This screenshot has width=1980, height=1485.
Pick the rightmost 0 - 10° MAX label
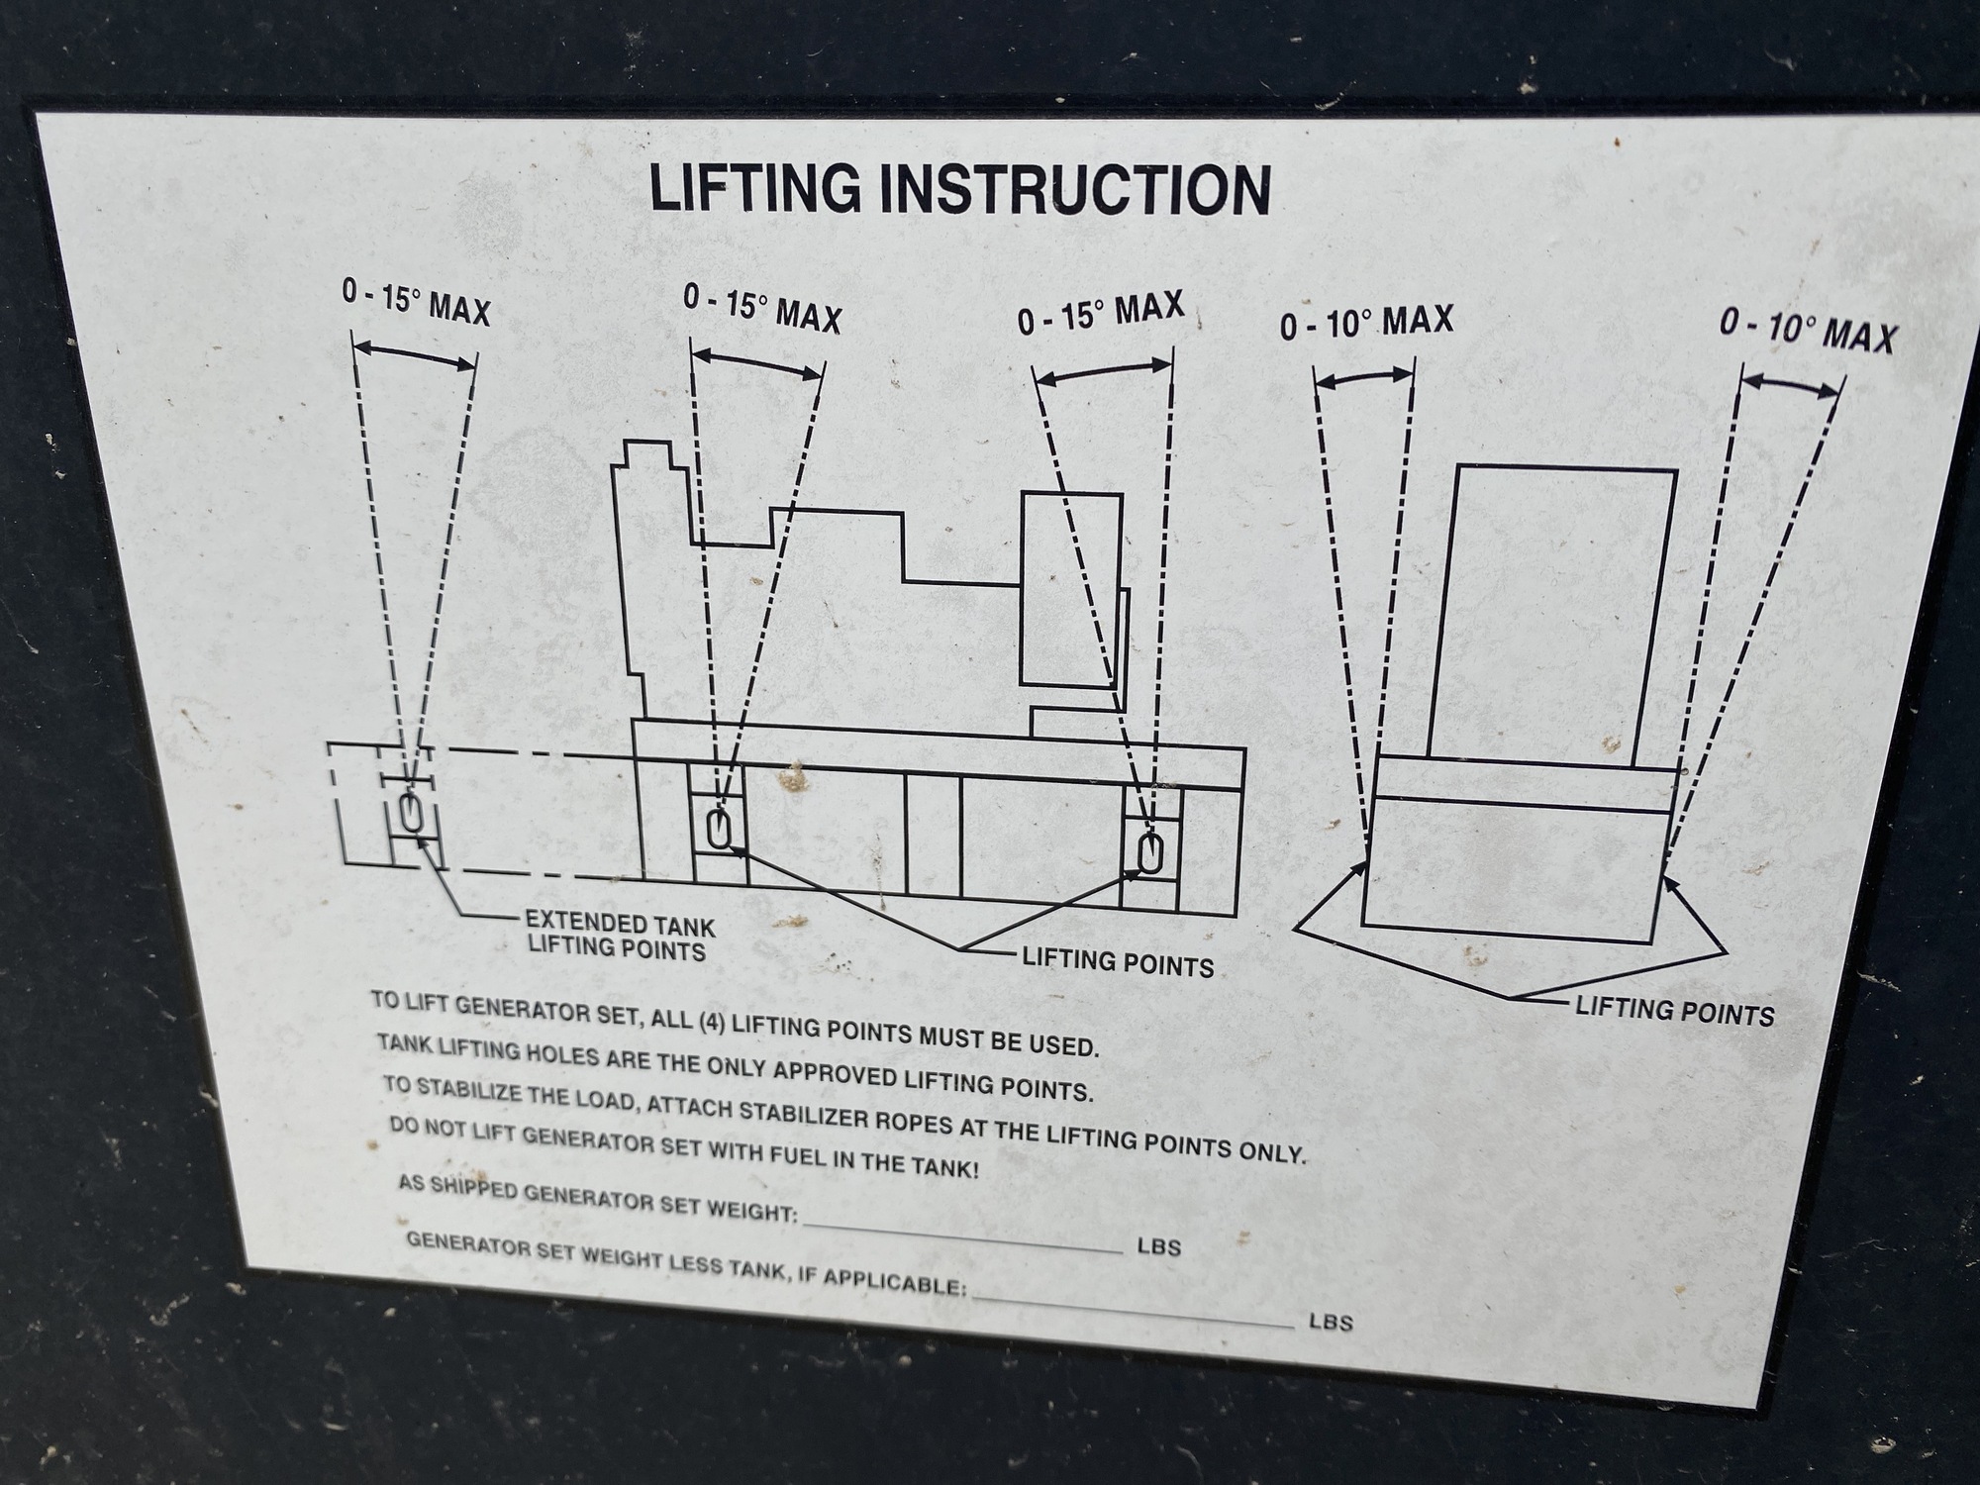tap(1808, 330)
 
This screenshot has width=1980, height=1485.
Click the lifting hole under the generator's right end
tap(1148, 852)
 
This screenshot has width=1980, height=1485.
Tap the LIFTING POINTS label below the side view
tap(1118, 962)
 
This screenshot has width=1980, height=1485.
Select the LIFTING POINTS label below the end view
tap(1674, 1011)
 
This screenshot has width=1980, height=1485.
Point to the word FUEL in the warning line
tap(750, 1154)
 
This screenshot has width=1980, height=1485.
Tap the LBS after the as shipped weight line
tap(1158, 1246)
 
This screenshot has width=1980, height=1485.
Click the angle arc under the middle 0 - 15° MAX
tap(757, 362)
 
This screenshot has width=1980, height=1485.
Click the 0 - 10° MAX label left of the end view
tap(1366, 322)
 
